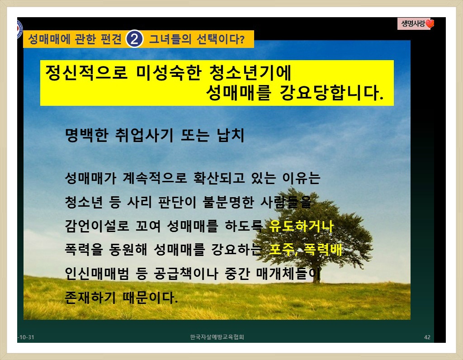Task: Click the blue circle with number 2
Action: pyautogui.click(x=134, y=39)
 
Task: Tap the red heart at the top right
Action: pyautogui.click(x=430, y=24)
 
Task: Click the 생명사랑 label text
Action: pyautogui.click(x=413, y=24)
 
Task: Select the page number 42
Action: pyautogui.click(x=427, y=337)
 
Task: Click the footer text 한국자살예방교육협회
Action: pyautogui.click(x=217, y=337)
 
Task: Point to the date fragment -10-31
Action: pyautogui.click(x=26, y=337)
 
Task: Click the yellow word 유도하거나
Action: pyautogui.click(x=301, y=226)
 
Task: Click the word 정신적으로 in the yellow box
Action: pyautogui.click(x=86, y=72)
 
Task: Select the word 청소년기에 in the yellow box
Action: pyautogui.click(x=250, y=72)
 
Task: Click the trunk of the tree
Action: pyautogui.click(x=317, y=273)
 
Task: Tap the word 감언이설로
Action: pyautogui.click(x=97, y=226)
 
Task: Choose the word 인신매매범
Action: pyautogui.click(x=97, y=274)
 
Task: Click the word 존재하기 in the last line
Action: pyautogui.click(x=90, y=297)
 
